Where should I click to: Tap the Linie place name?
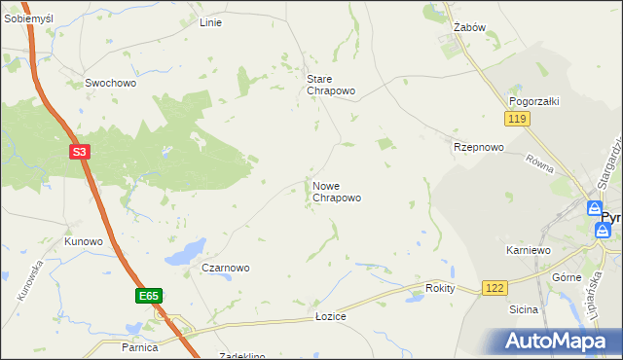click(x=210, y=22)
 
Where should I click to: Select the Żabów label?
click(x=469, y=27)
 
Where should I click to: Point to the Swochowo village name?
click(x=110, y=84)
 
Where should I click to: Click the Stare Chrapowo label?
click(x=330, y=85)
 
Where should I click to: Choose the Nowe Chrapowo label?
click(x=337, y=191)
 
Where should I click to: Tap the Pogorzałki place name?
click(x=531, y=101)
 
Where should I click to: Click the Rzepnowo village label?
click(x=478, y=147)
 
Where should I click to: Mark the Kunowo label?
click(x=83, y=240)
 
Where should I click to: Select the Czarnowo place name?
click(x=226, y=268)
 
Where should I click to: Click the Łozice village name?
click(x=331, y=317)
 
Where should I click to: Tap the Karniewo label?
click(x=529, y=250)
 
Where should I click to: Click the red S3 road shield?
click(x=81, y=152)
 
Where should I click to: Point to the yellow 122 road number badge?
click(x=494, y=288)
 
